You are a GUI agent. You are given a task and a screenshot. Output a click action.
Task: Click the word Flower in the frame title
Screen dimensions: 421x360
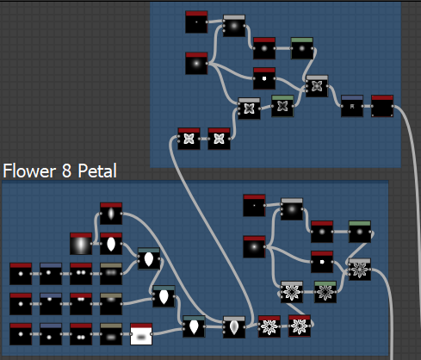click(x=29, y=171)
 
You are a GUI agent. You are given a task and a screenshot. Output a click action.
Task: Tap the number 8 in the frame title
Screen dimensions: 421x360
click(x=66, y=171)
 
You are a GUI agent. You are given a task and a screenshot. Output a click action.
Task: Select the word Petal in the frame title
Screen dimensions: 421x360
click(x=97, y=171)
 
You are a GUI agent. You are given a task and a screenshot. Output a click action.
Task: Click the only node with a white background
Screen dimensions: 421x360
click(x=141, y=334)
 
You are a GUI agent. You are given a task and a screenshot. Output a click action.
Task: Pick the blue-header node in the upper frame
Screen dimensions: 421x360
click(x=352, y=106)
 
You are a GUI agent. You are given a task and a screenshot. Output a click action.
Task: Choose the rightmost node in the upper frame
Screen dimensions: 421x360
click(x=382, y=106)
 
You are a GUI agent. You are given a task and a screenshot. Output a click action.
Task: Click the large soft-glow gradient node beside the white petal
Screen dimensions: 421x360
click(x=81, y=244)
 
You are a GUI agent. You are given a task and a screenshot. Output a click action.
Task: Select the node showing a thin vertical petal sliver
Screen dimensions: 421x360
click(x=111, y=214)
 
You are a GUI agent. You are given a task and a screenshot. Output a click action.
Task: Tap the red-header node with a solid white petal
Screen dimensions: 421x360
click(x=111, y=244)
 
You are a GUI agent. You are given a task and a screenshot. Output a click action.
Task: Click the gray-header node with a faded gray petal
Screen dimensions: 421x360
click(x=234, y=327)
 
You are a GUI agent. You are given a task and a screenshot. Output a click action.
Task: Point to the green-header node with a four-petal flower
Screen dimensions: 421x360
click(x=282, y=106)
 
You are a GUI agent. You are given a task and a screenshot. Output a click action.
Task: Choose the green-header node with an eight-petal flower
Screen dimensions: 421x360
click(x=325, y=292)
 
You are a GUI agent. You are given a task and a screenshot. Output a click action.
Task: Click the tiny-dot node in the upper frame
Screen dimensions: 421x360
click(x=196, y=22)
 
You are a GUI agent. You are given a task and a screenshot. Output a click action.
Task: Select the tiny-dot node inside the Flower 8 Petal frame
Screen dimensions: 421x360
click(x=254, y=205)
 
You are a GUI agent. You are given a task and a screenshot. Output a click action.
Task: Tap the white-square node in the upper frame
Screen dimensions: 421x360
click(x=264, y=78)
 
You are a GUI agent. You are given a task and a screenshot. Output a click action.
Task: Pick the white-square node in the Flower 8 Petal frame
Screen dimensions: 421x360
click(x=322, y=262)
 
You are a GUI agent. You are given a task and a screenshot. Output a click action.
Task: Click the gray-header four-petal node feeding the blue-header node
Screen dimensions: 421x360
click(x=317, y=86)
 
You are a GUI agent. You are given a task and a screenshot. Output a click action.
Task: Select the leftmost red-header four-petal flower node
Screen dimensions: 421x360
click(x=189, y=139)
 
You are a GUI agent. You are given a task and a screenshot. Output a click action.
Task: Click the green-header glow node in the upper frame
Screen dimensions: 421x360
click(x=302, y=48)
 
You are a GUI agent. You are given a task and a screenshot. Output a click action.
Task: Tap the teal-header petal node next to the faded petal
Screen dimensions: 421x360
click(x=194, y=326)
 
